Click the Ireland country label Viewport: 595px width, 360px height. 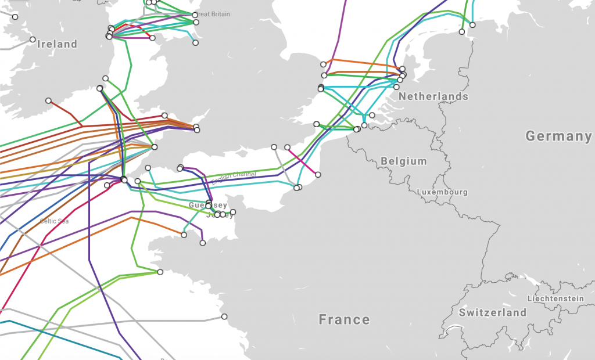click(x=57, y=44)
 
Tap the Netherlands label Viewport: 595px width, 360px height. click(x=433, y=96)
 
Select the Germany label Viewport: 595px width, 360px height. click(x=558, y=136)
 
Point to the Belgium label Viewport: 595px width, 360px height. click(x=404, y=161)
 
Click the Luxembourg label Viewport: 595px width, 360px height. click(x=442, y=192)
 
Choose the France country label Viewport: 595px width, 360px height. click(x=344, y=319)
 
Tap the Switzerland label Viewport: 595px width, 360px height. click(x=492, y=312)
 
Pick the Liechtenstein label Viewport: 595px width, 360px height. click(x=555, y=298)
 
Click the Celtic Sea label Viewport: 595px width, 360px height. click(x=55, y=221)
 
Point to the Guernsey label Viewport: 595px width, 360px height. click(x=207, y=206)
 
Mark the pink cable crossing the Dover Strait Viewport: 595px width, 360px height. click(x=303, y=161)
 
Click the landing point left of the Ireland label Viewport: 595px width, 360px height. click(x=33, y=39)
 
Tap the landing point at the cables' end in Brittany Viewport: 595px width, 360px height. click(x=160, y=272)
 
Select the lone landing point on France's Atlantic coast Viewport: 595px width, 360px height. click(x=224, y=316)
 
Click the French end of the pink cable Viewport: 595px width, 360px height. click(x=318, y=174)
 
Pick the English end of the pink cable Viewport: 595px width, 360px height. click(x=287, y=147)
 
